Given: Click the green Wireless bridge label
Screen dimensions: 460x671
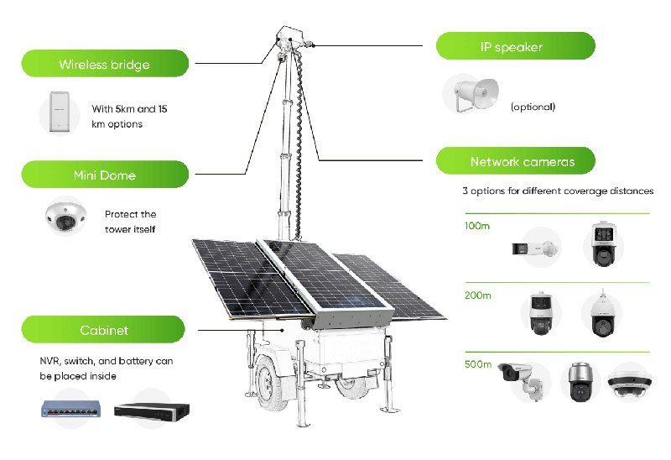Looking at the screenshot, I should pyautogui.click(x=104, y=64).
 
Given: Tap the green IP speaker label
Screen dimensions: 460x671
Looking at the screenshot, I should pyautogui.click(x=514, y=46).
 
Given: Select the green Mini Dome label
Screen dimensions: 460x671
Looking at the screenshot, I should pyautogui.click(x=104, y=175).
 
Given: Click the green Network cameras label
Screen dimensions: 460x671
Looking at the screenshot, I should pyautogui.click(x=516, y=161).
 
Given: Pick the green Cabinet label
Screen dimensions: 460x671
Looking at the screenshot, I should pyautogui.click(x=104, y=330).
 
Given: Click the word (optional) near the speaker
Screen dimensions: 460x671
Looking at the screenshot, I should pyautogui.click(x=533, y=107).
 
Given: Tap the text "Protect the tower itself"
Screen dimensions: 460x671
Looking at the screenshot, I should pyautogui.click(x=130, y=222).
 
